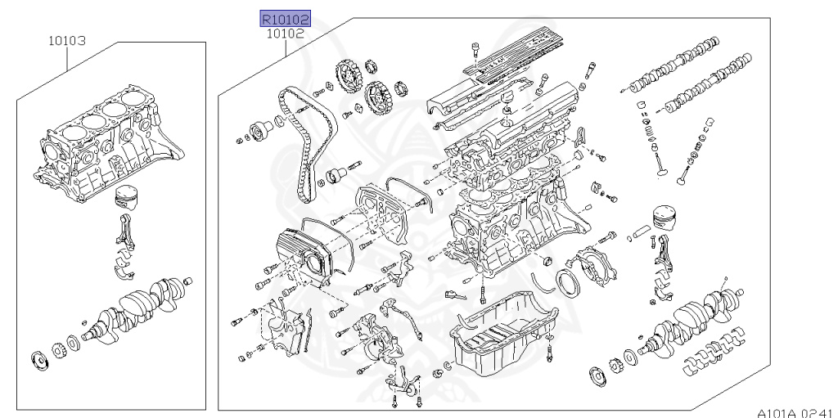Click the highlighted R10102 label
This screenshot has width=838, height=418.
click(x=286, y=19)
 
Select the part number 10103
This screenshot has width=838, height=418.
click(x=66, y=39)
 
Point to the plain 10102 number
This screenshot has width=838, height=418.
click(x=286, y=34)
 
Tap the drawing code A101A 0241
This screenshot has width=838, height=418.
click(x=793, y=411)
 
